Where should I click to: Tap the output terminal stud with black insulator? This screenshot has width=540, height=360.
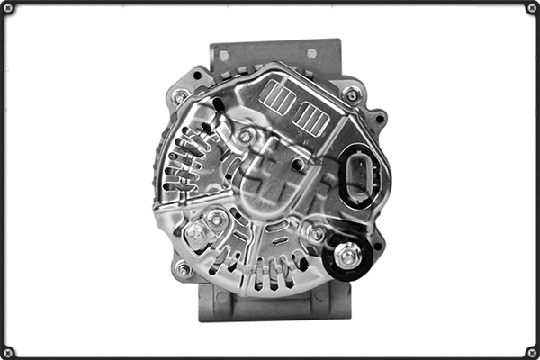[x=347, y=256]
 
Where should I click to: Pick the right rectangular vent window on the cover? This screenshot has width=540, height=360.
[x=312, y=116]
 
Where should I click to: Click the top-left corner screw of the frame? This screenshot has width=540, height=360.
[x=8, y=8]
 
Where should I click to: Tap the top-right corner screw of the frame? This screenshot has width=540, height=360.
[x=532, y=8]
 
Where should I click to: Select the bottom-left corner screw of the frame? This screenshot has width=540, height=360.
[x=8, y=352]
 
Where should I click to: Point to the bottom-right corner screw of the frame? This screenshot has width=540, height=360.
[x=532, y=352]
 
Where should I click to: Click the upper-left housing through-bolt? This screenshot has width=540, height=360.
[x=181, y=95]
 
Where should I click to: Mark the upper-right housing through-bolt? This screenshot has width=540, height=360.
[x=352, y=94]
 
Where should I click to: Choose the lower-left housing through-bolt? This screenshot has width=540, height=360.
[x=184, y=268]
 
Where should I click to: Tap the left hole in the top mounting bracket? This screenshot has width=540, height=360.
[x=224, y=55]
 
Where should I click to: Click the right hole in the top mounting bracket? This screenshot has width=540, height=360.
[x=310, y=54]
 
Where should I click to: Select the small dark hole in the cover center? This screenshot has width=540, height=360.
[x=298, y=164]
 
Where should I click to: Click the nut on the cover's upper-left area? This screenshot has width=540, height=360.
[x=245, y=136]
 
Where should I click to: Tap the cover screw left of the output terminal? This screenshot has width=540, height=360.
[x=316, y=234]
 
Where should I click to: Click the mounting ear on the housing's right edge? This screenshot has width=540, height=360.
[x=380, y=117]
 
